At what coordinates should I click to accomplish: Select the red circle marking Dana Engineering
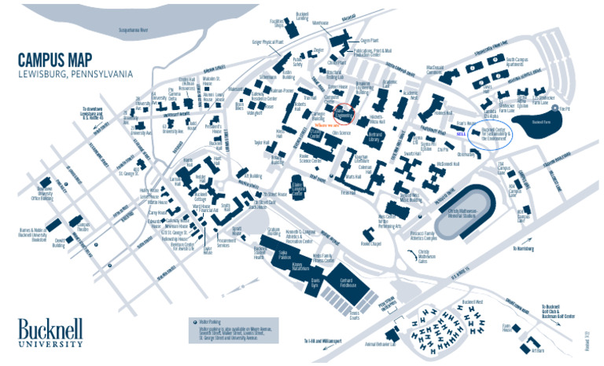click(x=343, y=114)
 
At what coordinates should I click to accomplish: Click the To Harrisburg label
click(x=525, y=248)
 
